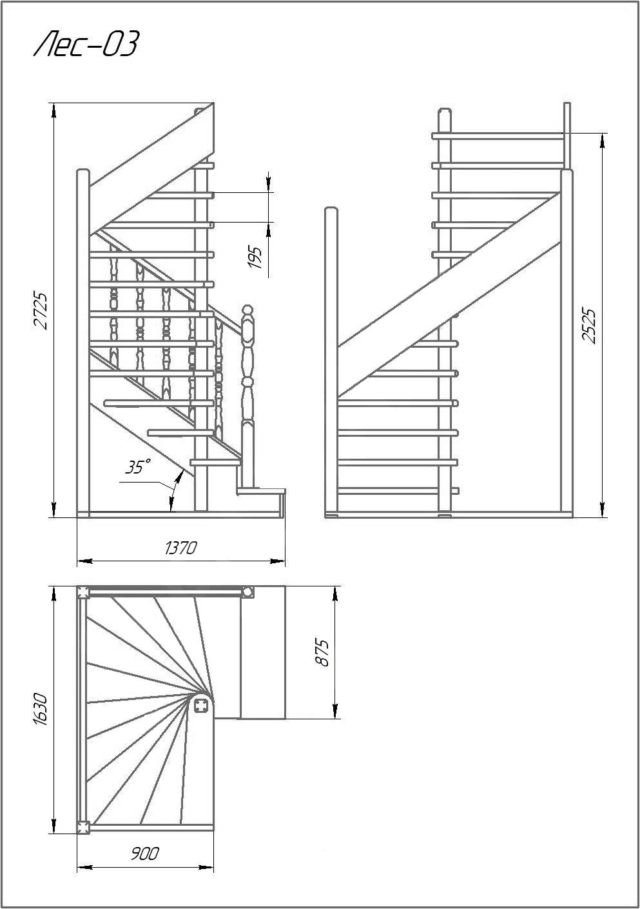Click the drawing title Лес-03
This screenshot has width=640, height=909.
coord(86,43)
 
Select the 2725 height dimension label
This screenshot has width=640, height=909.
coord(41,310)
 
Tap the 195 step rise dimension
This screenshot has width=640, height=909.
coord(255,257)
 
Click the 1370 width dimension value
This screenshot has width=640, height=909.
coord(180,548)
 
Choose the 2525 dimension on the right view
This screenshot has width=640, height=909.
coord(589,326)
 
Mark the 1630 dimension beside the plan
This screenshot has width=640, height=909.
coord(41,709)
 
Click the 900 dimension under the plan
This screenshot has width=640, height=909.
coord(145,854)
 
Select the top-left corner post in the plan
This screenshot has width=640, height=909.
coord(83,592)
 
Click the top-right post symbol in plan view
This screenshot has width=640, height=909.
coord(247,592)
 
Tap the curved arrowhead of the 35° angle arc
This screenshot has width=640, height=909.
coord(177,479)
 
